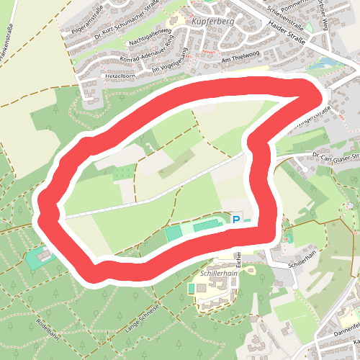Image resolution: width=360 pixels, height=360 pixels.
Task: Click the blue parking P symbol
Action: click(x=235, y=219)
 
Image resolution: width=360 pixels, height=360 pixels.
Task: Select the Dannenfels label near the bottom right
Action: click(x=346, y=330)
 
